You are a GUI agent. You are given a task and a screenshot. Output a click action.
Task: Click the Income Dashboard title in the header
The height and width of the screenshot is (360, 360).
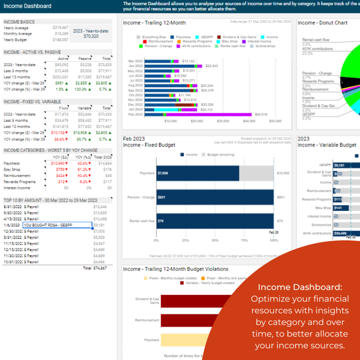pos(28,6)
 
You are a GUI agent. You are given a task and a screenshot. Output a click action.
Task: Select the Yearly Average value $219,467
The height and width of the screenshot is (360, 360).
pos(60,28)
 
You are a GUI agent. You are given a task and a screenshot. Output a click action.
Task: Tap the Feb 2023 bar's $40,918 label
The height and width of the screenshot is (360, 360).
pos(261,115)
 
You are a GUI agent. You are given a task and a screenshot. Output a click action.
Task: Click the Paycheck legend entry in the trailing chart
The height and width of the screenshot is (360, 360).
pos(183,37)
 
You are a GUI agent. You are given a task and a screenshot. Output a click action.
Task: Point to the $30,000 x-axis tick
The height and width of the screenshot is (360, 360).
pos(223,121)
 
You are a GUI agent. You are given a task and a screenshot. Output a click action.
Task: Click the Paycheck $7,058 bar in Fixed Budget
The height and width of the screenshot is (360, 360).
pos(198,173)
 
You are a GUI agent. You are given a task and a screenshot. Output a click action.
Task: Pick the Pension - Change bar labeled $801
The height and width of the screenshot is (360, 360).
pos(215,197)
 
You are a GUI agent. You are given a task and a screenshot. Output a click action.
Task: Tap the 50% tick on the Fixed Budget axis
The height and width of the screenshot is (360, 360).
pos(215,240)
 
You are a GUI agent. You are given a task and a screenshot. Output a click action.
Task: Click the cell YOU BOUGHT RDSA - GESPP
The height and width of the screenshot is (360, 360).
pos(57,225)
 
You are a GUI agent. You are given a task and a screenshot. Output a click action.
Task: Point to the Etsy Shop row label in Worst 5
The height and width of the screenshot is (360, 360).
pos(12,169)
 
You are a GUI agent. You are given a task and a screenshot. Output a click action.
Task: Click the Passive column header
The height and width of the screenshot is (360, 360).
pos(85,58)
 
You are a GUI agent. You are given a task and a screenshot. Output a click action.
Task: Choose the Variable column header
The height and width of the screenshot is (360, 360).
pos(85,108)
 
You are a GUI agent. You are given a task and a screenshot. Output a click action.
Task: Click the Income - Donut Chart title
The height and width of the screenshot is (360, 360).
pos(322,23)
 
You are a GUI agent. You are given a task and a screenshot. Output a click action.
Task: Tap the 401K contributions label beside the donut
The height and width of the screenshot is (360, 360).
pos(317,49)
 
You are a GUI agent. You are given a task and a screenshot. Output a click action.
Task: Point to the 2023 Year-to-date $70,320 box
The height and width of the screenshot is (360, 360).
pos(91,34)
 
